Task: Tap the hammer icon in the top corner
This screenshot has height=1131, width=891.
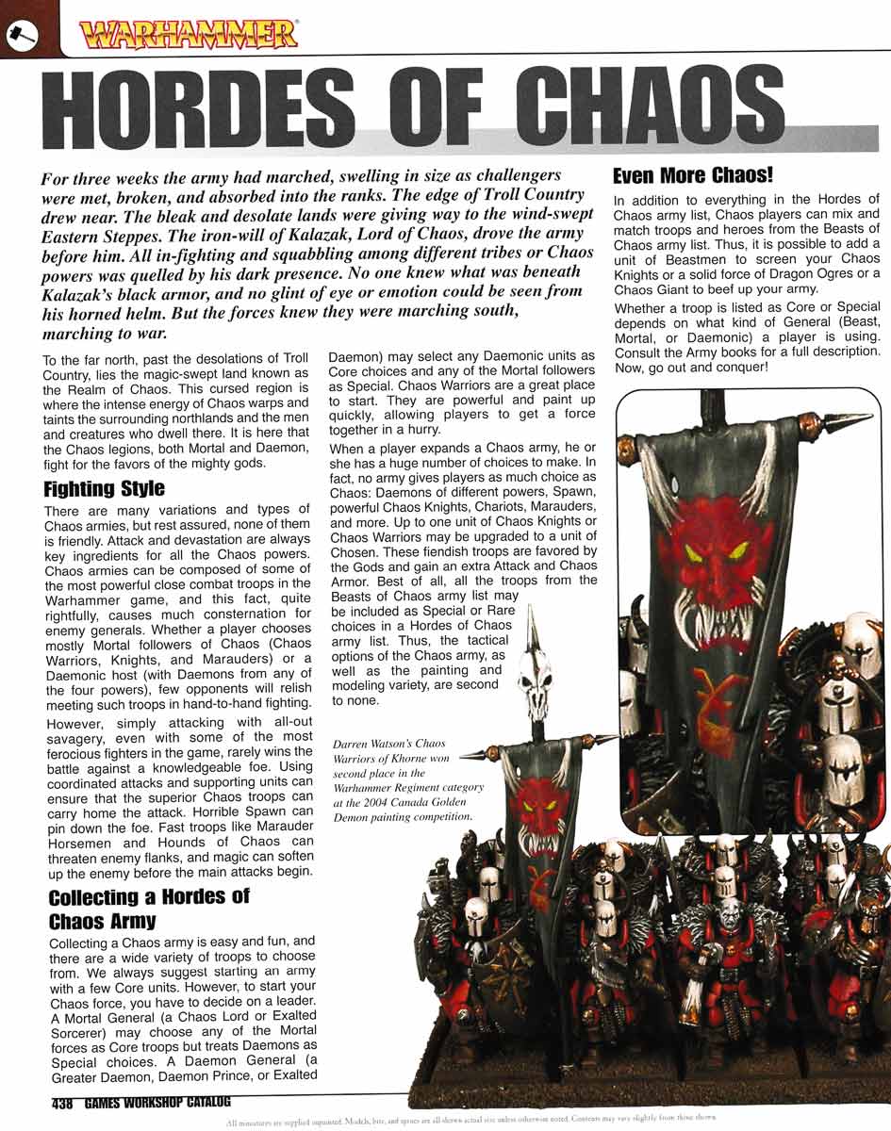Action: coord(20,32)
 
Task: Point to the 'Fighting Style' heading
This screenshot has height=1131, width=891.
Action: coord(104,489)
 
